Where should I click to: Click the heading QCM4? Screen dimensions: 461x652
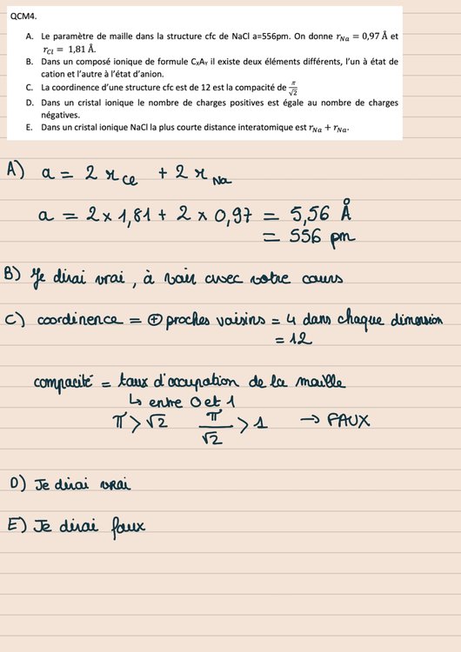[23, 15]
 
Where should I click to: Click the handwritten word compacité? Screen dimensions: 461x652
[63, 383]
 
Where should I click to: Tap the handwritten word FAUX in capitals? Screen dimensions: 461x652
[348, 421]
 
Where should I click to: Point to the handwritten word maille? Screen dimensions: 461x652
[319, 383]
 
